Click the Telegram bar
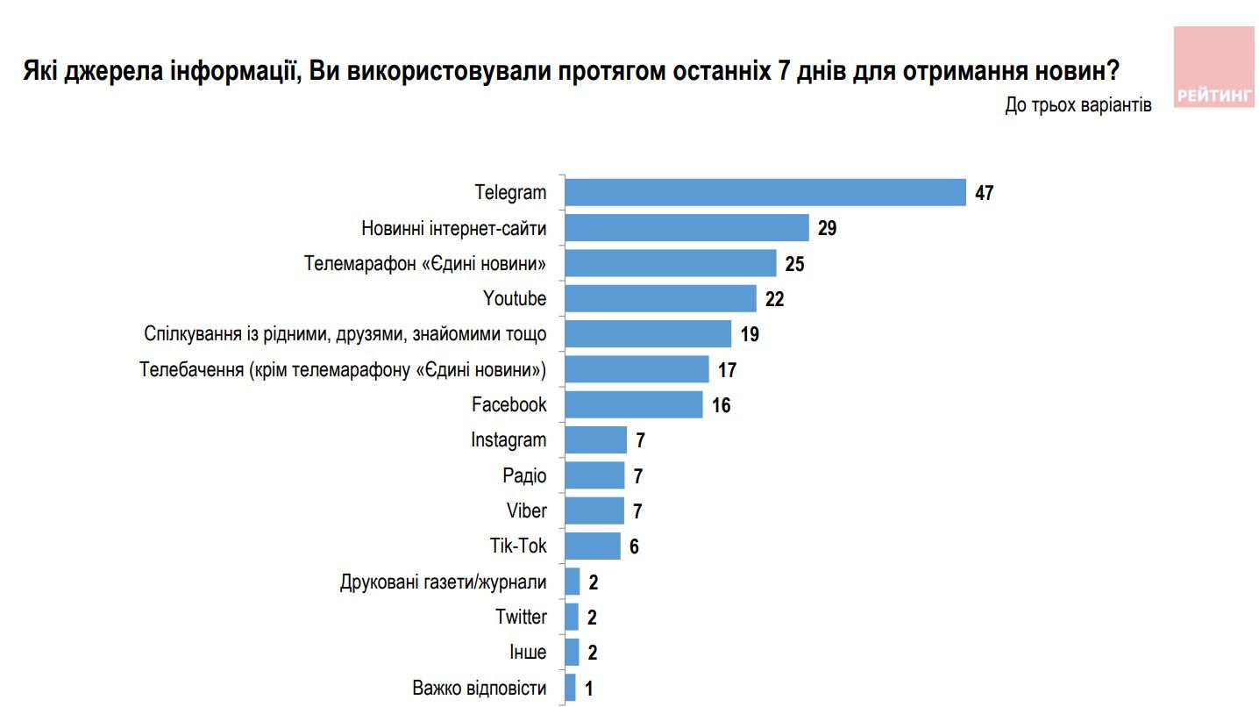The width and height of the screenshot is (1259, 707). click(x=765, y=192)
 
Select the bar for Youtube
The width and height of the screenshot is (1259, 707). click(x=660, y=298)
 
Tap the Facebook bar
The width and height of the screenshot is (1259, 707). click(x=633, y=404)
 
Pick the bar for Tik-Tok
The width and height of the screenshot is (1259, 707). click(x=592, y=546)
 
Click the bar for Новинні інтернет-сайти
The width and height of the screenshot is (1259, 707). click(x=686, y=228)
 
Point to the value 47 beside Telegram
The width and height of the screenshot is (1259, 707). click(x=984, y=193)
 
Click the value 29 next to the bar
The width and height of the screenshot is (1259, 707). click(x=828, y=229)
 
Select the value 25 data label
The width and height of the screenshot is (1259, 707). click(x=795, y=264)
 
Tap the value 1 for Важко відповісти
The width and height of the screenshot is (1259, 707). click(x=590, y=689)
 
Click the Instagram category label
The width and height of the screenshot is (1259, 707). click(x=509, y=439)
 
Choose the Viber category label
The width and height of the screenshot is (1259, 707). click(x=526, y=511)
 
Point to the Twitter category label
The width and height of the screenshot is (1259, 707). click(x=521, y=617)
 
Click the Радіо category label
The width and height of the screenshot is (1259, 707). click(x=524, y=475)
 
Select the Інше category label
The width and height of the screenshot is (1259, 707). click(x=528, y=653)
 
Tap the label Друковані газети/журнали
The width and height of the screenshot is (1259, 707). click(x=443, y=582)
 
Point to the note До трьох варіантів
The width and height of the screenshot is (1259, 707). click(x=1078, y=104)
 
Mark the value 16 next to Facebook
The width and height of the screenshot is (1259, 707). click(x=722, y=405)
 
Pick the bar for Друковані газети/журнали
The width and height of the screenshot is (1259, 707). click(x=573, y=582)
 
